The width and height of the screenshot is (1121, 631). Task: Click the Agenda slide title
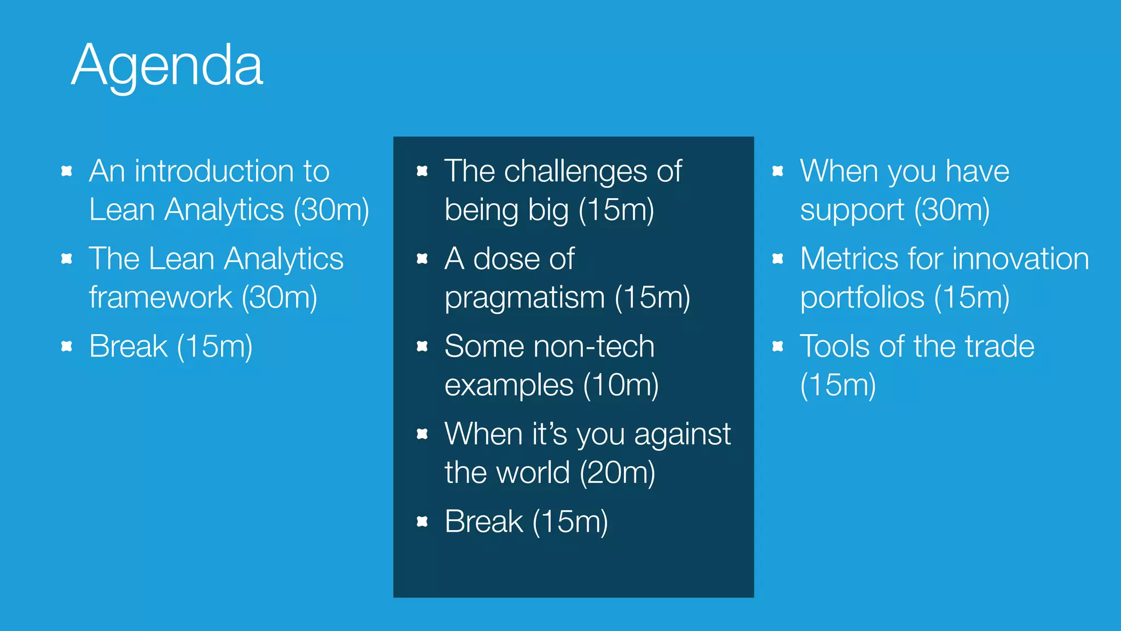pos(167,66)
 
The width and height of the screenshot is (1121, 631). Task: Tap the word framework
pos(160,298)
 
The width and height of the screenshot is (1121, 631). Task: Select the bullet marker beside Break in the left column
pos(67,346)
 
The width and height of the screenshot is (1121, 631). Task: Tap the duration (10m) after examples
pos(621,385)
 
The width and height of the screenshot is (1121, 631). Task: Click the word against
pos(683,434)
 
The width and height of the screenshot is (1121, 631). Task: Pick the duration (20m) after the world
pos(617,473)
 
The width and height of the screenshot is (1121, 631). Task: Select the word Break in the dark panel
pos(484,521)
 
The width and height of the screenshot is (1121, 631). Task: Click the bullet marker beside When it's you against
pos(422,434)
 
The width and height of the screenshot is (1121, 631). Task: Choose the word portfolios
pos(862,298)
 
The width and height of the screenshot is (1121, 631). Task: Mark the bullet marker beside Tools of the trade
pos(778,346)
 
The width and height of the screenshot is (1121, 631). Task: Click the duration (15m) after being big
pos(616,210)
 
